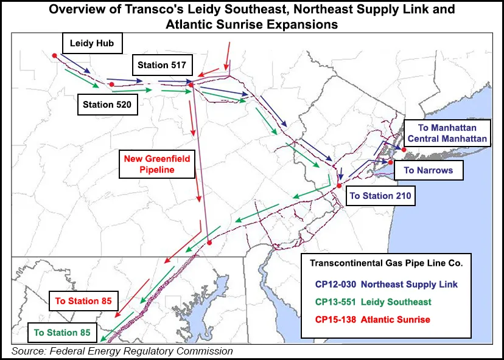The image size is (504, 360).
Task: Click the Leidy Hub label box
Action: tap(92, 44)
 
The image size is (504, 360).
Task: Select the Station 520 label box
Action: tap(107, 104)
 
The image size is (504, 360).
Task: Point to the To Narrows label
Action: tap(428, 170)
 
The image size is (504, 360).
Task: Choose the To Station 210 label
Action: tap(380, 196)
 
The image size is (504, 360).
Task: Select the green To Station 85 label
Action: tap(62, 333)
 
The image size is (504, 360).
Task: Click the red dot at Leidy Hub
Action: tap(55, 55)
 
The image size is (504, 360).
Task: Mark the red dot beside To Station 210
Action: tap(339, 187)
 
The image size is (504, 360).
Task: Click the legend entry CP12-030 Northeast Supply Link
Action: tap(387, 284)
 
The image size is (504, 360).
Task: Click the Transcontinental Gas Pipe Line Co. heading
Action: tap(387, 263)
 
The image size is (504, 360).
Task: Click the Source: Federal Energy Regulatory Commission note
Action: tap(122, 351)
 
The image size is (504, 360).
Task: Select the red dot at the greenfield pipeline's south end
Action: tap(209, 243)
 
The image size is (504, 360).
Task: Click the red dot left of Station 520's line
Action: tap(112, 85)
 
